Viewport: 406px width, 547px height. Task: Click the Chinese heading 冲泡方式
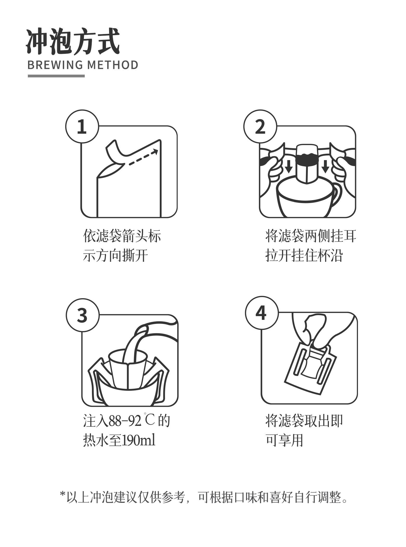73,42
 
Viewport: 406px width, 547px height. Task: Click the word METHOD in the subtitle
112,65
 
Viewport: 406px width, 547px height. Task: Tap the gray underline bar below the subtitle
56,76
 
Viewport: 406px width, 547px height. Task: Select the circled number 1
82,126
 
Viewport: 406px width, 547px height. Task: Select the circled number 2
260,126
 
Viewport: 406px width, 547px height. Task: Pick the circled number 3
82,315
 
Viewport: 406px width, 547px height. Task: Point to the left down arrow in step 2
288,167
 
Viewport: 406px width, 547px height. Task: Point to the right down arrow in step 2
325,167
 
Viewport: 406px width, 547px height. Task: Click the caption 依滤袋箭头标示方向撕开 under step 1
122,245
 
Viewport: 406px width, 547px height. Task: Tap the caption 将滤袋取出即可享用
304,431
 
